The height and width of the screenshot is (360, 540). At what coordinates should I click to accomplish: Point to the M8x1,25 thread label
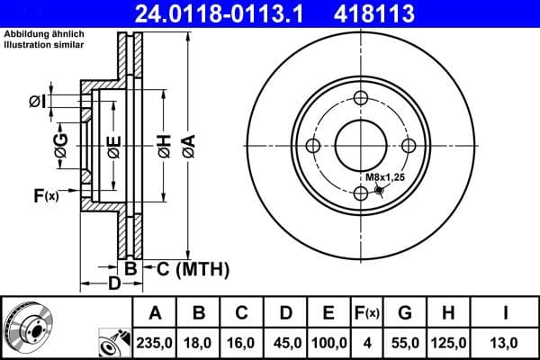pyautogui.click(x=384, y=177)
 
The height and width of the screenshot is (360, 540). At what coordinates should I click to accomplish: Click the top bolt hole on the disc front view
pyautogui.click(x=361, y=100)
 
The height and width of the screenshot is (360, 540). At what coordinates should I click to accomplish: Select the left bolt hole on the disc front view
pyautogui.click(x=314, y=147)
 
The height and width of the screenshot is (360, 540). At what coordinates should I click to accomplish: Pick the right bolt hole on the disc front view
pyautogui.click(x=408, y=147)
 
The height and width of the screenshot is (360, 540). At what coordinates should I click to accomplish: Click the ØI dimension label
pyautogui.click(x=37, y=100)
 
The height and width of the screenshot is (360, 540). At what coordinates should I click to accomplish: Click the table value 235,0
pyautogui.click(x=156, y=341)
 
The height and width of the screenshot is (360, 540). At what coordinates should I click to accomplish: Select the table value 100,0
pyautogui.click(x=328, y=341)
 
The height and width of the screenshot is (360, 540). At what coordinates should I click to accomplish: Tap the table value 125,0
pyautogui.click(x=450, y=341)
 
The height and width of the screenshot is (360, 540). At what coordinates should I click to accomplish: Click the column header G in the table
pyautogui.click(x=405, y=313)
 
